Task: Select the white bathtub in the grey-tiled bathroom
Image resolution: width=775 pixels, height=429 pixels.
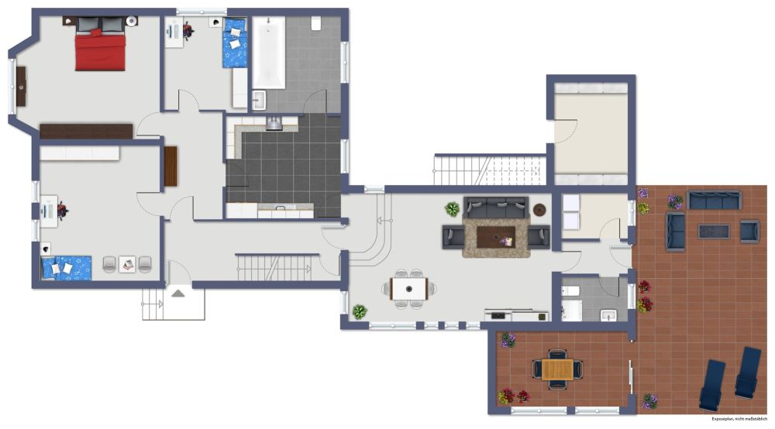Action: (x=268, y=53)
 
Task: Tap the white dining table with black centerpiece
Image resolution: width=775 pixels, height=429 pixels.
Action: (x=409, y=289)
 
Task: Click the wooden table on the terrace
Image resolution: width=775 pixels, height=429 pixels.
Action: (x=557, y=369)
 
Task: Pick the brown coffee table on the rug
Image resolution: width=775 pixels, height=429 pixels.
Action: (x=496, y=237)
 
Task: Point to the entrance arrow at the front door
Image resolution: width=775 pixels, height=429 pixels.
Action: (x=178, y=293)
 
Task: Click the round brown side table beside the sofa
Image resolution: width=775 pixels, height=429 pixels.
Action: (x=539, y=209)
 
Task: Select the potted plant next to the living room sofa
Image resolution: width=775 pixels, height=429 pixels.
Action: (x=452, y=209)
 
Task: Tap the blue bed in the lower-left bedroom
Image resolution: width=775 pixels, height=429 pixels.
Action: (x=67, y=268)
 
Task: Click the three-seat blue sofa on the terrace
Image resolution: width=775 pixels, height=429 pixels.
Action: (x=715, y=200)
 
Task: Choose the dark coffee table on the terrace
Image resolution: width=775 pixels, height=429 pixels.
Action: (x=714, y=232)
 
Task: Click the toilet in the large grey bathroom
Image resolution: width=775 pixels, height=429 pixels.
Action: (x=316, y=24)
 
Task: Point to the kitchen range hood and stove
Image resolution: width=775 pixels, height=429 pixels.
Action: (x=274, y=123)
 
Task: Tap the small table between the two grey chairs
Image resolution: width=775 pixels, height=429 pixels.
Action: (x=127, y=265)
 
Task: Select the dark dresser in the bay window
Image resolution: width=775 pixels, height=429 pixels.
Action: (x=21, y=87)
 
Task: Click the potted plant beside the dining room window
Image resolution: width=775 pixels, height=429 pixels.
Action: (x=360, y=311)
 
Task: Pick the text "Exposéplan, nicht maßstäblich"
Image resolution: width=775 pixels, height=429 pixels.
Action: (x=739, y=419)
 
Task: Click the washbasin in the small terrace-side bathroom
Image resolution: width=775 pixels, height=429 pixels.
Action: (x=608, y=315)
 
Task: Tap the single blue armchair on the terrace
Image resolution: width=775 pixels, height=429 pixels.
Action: (x=749, y=232)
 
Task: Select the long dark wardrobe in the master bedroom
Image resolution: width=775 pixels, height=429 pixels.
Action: (x=86, y=132)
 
